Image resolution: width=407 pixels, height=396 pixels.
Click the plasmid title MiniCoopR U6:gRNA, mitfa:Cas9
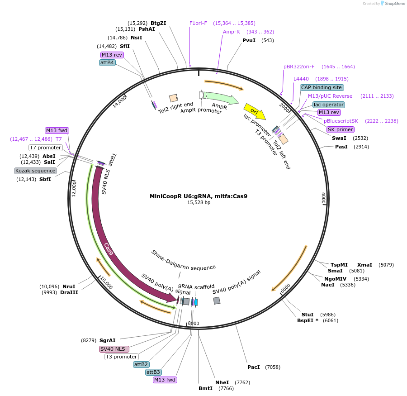[199, 196]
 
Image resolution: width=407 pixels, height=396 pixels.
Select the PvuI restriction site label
[249, 40]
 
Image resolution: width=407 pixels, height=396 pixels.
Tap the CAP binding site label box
[322, 87]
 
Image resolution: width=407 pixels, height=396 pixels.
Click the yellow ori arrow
[254, 111]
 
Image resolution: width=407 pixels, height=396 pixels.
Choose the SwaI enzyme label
[339, 138]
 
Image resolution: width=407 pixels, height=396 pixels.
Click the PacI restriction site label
[253, 367]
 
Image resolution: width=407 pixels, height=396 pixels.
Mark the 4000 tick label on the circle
[323, 198]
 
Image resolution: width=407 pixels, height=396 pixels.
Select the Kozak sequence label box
[35, 171]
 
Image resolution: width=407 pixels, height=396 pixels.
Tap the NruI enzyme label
[69, 286]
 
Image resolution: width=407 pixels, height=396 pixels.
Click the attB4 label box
[107, 62]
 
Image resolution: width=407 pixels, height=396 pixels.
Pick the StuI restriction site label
[308, 314]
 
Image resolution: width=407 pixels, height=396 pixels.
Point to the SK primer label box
[340, 129]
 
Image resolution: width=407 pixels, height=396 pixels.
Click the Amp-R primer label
[231, 32]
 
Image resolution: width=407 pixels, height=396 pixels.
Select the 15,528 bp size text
[199, 203]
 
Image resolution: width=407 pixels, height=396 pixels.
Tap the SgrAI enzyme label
[107, 340]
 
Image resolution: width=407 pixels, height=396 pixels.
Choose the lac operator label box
[328, 105]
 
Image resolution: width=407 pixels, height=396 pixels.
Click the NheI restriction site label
[222, 382]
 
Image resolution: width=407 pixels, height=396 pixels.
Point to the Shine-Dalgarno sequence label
[184, 260]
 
